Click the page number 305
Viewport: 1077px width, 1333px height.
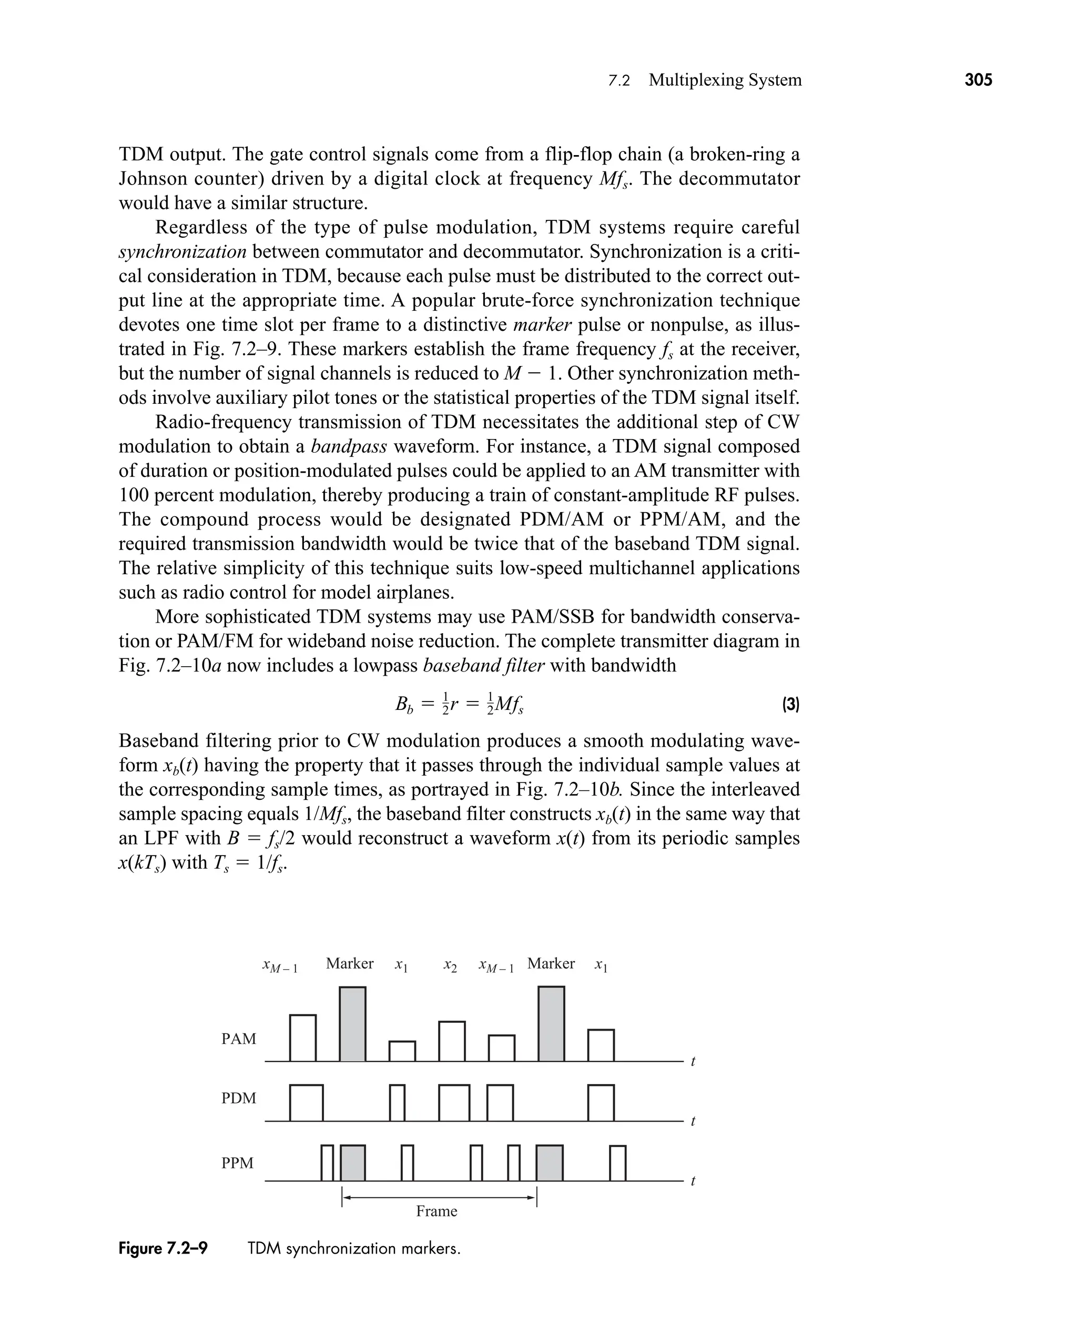[978, 80]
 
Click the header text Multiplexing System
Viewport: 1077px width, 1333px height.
[725, 80]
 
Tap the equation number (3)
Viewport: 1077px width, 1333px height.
[790, 705]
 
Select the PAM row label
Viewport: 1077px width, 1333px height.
[238, 1039]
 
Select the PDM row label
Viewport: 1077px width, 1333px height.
[238, 1098]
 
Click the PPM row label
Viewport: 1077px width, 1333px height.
[238, 1163]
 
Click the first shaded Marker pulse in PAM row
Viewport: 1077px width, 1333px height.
[352, 1024]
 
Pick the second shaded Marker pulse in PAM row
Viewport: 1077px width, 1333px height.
[551, 1024]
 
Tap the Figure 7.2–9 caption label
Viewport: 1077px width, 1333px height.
[163, 1249]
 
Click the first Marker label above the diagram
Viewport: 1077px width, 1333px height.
[349, 963]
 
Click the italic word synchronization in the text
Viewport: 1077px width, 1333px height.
[182, 252]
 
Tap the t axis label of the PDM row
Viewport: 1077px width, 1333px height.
[693, 1121]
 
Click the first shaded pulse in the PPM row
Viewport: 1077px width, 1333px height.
[352, 1163]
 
